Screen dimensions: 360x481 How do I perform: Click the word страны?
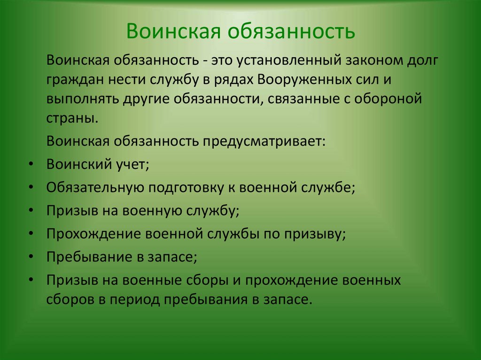72,118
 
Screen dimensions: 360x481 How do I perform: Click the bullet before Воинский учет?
30,164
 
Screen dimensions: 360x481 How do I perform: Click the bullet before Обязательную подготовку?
30,187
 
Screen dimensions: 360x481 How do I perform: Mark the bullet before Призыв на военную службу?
30,210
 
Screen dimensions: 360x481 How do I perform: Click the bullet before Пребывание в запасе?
30,256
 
